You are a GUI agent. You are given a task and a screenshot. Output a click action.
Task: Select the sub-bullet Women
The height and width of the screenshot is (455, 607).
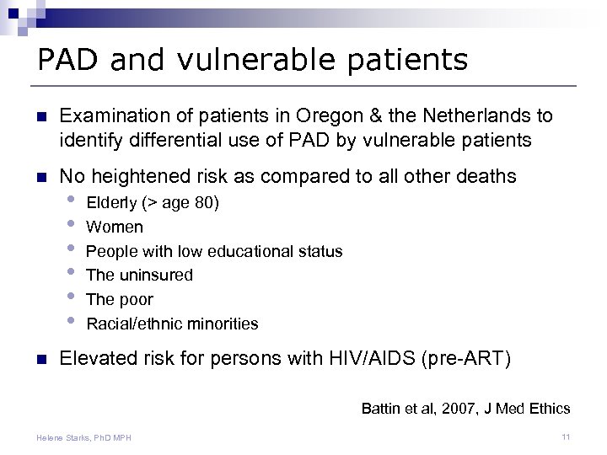pyautogui.click(x=115, y=227)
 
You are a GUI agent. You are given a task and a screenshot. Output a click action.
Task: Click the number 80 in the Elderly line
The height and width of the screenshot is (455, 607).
pyautogui.click(x=202, y=202)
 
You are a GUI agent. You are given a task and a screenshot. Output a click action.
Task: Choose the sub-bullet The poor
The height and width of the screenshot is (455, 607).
pyautogui.click(x=120, y=299)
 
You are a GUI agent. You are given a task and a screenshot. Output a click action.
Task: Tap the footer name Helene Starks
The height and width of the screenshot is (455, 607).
pyautogui.click(x=62, y=436)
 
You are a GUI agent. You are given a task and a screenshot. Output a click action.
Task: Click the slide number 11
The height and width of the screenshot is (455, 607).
pyautogui.click(x=567, y=436)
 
